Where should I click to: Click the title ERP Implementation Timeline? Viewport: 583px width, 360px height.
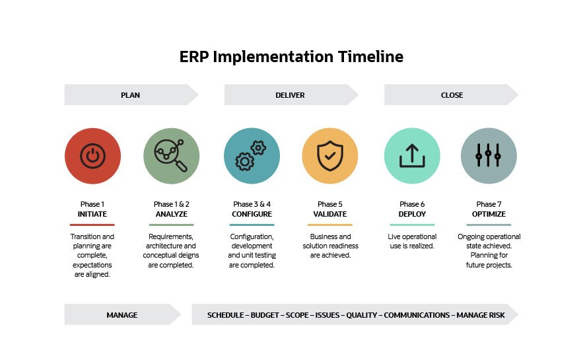pyautogui.click(x=291, y=57)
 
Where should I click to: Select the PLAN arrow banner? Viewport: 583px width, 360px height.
pyautogui.click(x=131, y=95)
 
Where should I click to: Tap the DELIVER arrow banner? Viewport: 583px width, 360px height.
pyautogui.click(x=291, y=95)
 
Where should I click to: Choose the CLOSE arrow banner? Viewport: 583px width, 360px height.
pyautogui.click(x=452, y=95)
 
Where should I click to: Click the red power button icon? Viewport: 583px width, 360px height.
pyautogui.click(x=92, y=156)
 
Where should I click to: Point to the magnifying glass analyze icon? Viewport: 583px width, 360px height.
pyautogui.click(x=171, y=156)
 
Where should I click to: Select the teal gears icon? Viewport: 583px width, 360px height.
pyautogui.click(x=252, y=156)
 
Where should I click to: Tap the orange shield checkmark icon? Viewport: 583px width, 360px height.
pyautogui.click(x=330, y=156)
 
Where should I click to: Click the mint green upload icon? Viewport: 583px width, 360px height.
pyautogui.click(x=412, y=156)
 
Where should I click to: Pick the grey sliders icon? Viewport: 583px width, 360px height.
pyautogui.click(x=489, y=156)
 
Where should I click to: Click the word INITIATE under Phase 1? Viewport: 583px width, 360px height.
pyautogui.click(x=92, y=214)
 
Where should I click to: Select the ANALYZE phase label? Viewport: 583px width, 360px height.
pyautogui.click(x=171, y=214)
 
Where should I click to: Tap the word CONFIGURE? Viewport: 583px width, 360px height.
pyautogui.click(x=252, y=214)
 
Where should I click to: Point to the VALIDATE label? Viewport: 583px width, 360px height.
pyautogui.click(x=330, y=214)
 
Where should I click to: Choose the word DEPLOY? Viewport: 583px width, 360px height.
pyautogui.click(x=412, y=214)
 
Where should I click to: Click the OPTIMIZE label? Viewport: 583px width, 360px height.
pyautogui.click(x=489, y=214)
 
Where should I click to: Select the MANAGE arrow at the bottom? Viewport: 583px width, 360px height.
pyautogui.click(x=122, y=315)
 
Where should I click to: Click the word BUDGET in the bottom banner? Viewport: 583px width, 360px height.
pyautogui.click(x=264, y=315)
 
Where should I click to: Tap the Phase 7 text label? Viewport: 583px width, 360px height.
pyautogui.click(x=489, y=204)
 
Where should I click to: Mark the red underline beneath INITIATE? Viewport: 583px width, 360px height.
pyautogui.click(x=92, y=225)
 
